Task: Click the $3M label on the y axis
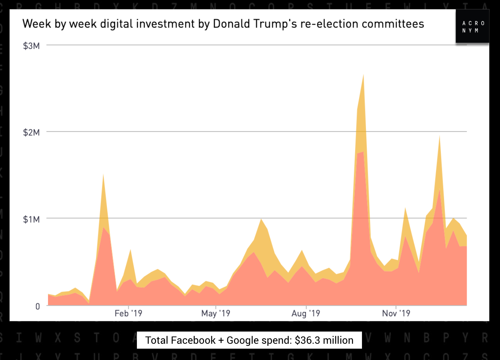(x=31, y=46)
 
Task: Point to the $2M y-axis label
(x=31, y=132)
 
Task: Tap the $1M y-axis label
(x=31, y=219)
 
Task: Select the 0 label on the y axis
(x=38, y=307)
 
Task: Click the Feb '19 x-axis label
(x=128, y=313)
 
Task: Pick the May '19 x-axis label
(x=216, y=313)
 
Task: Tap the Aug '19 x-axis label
(x=306, y=313)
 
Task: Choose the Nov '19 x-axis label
(x=396, y=313)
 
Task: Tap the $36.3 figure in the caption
(x=307, y=340)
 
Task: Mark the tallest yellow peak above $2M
(x=363, y=76)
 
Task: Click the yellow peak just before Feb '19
(x=103, y=175)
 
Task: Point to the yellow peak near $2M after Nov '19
(x=439, y=137)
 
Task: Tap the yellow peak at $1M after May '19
(x=261, y=219)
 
